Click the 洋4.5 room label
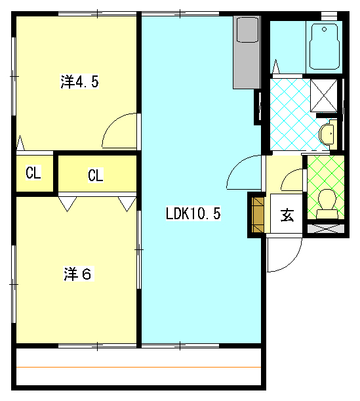[x=79, y=81]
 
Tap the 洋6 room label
[x=77, y=274]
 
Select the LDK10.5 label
[x=193, y=213]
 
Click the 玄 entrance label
[x=287, y=215]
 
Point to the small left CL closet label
[x=33, y=173]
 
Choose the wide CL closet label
[x=95, y=175]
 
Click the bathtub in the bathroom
[x=324, y=47]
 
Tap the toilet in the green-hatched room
[x=327, y=204]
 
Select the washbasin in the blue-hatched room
[x=327, y=134]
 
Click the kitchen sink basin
[x=247, y=30]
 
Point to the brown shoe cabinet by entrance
[x=258, y=215]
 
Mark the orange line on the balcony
[x=139, y=368]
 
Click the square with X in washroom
[x=324, y=95]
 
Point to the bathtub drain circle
[x=324, y=29]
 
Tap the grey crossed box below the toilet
[x=326, y=228]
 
